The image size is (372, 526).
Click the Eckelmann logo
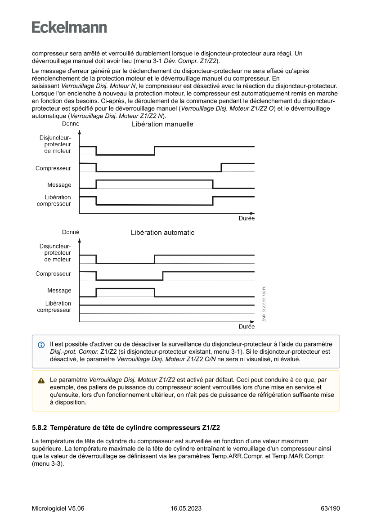[x=69, y=27]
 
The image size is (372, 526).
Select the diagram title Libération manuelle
[x=162, y=124]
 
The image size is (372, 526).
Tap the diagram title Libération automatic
[x=162, y=233]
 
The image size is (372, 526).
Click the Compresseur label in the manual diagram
[x=53, y=168]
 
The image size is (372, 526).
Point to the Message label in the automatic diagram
[x=59, y=290]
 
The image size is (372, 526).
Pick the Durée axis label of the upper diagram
[x=247, y=218]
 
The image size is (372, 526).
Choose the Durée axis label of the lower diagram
[x=247, y=327]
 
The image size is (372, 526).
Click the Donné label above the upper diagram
[x=71, y=124]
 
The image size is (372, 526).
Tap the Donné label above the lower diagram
[x=71, y=232]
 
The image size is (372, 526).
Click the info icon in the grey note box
[x=41, y=345]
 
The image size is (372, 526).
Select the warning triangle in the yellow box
[x=41, y=380]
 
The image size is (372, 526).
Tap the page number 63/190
[x=330, y=508]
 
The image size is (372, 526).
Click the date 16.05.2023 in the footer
[x=186, y=508]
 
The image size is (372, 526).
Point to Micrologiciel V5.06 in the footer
[x=58, y=508]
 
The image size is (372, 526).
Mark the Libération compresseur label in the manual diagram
[x=54, y=201]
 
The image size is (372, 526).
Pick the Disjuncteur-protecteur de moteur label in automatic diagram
[x=55, y=253]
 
